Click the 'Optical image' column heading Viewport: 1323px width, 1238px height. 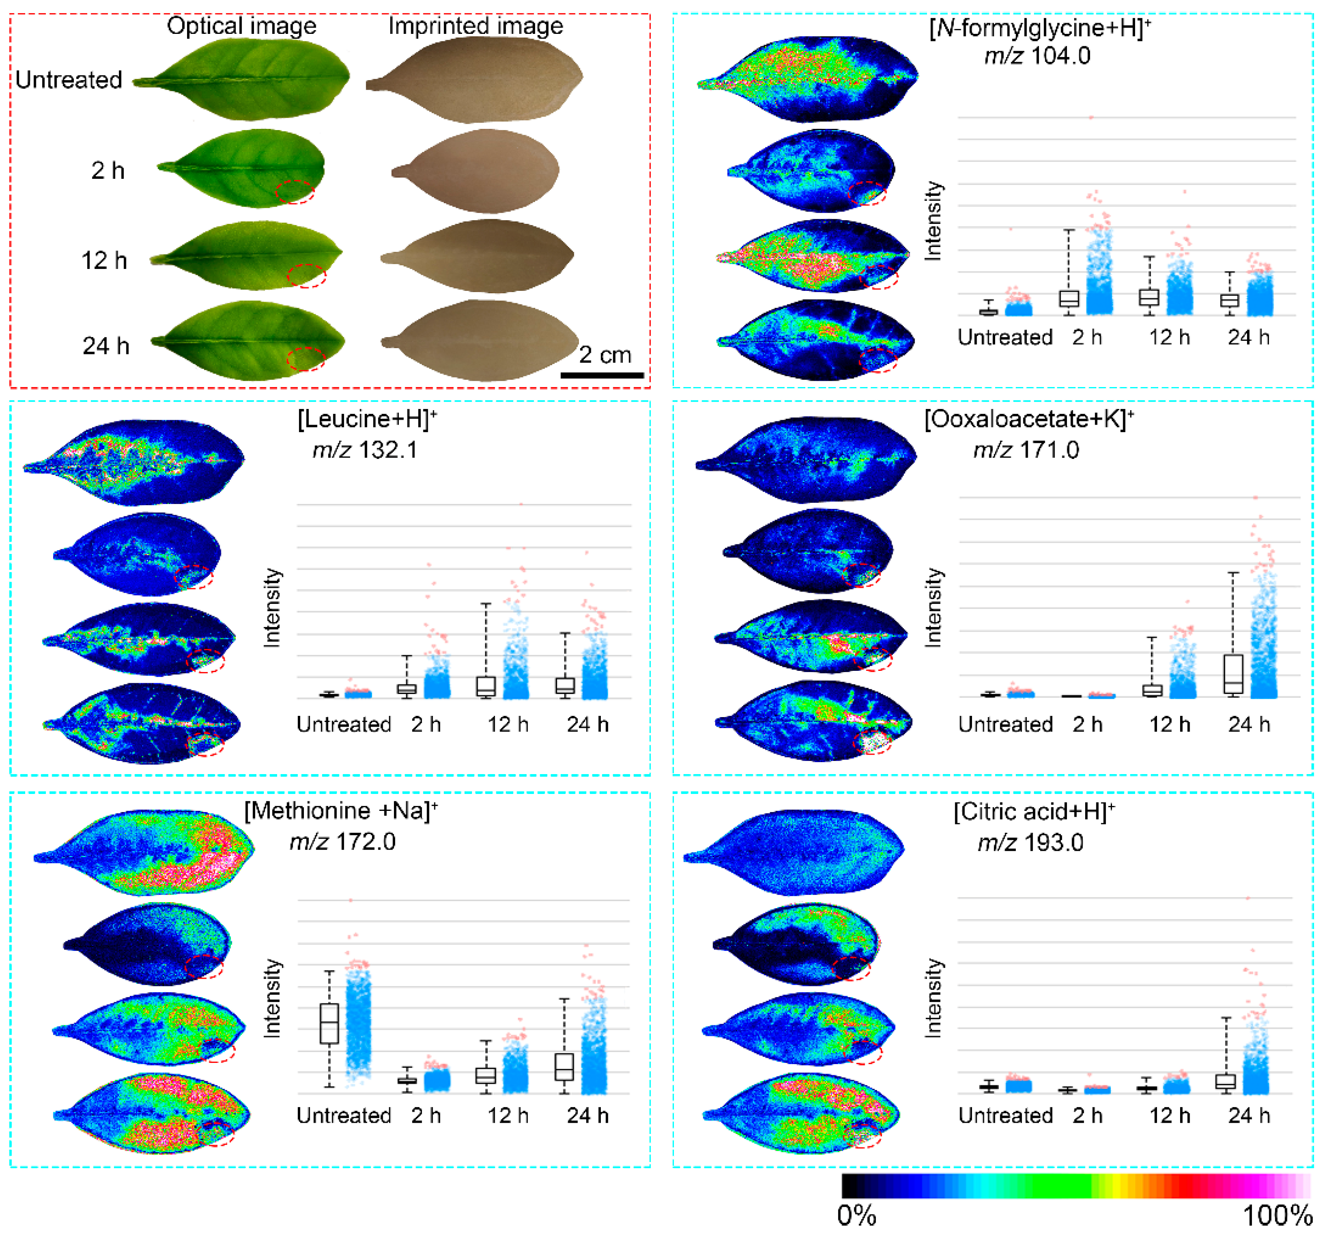(242, 26)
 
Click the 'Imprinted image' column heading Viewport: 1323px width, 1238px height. (476, 26)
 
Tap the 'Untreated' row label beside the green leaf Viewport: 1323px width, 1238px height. (69, 80)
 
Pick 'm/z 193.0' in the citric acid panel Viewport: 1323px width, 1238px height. (1030, 843)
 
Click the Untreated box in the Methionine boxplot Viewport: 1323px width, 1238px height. (330, 1023)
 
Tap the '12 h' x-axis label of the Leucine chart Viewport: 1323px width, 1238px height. (508, 724)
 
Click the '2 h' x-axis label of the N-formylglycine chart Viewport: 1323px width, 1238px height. (1087, 337)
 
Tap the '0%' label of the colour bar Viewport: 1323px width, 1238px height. (856, 1217)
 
